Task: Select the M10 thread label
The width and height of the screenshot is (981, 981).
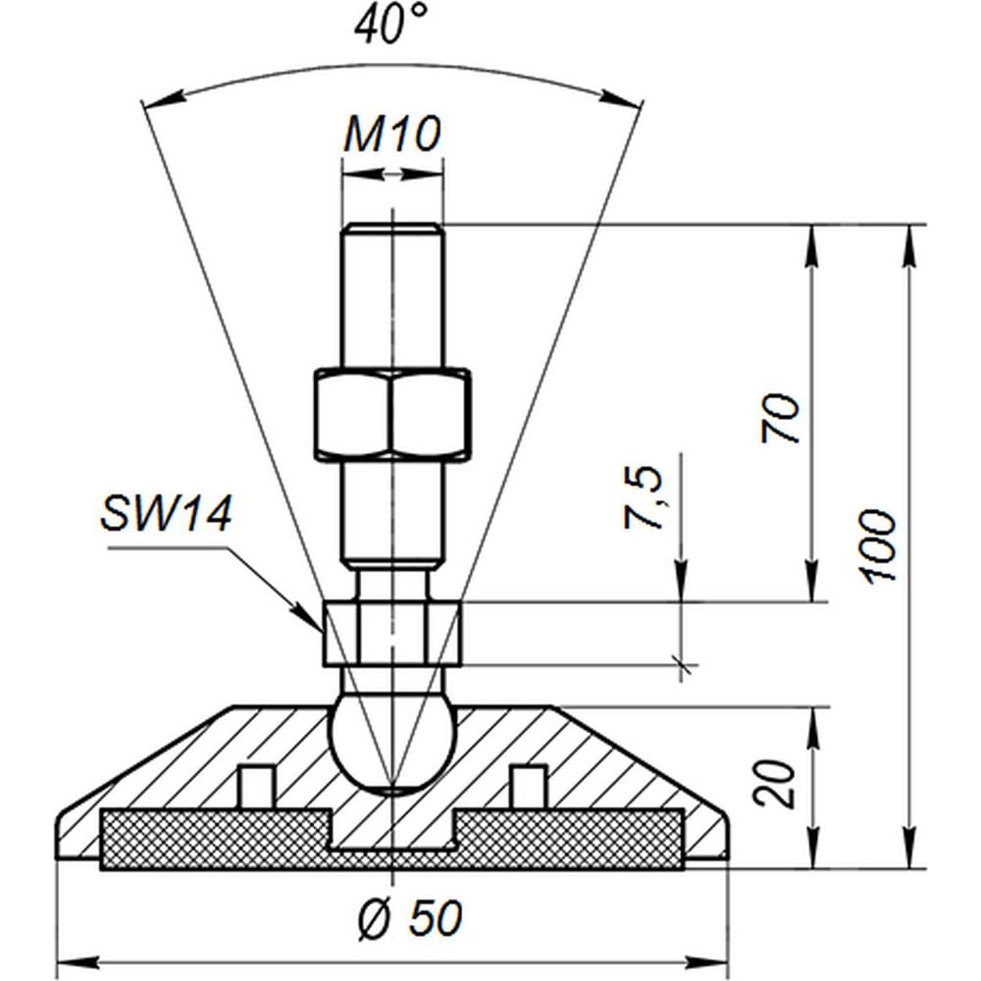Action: pyautogui.click(x=392, y=133)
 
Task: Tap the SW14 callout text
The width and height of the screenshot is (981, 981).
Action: pyautogui.click(x=166, y=515)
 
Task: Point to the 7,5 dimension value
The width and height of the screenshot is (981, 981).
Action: pyautogui.click(x=644, y=497)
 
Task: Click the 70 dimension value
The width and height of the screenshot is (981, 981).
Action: pyautogui.click(x=780, y=418)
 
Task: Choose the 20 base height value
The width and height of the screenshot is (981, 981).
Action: pyautogui.click(x=773, y=784)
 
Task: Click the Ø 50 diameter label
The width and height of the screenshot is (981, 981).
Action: pyautogui.click(x=410, y=918)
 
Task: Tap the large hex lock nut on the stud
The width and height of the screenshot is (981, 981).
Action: pyautogui.click(x=392, y=415)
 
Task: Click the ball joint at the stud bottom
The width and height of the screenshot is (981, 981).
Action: pyautogui.click(x=392, y=741)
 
